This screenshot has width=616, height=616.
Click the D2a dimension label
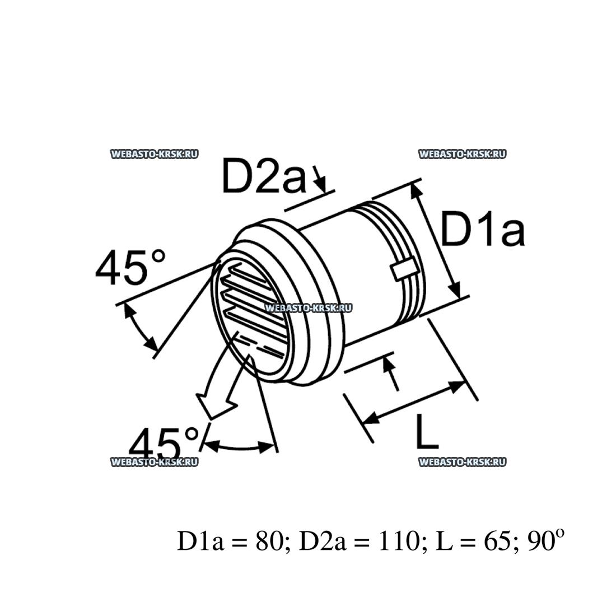click(263, 175)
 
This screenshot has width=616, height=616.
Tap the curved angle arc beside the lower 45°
click(238, 447)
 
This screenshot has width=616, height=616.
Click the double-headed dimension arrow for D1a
click(436, 241)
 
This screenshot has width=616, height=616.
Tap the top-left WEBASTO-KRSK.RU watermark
click(155, 154)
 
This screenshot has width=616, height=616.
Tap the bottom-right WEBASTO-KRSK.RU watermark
click(462, 461)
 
